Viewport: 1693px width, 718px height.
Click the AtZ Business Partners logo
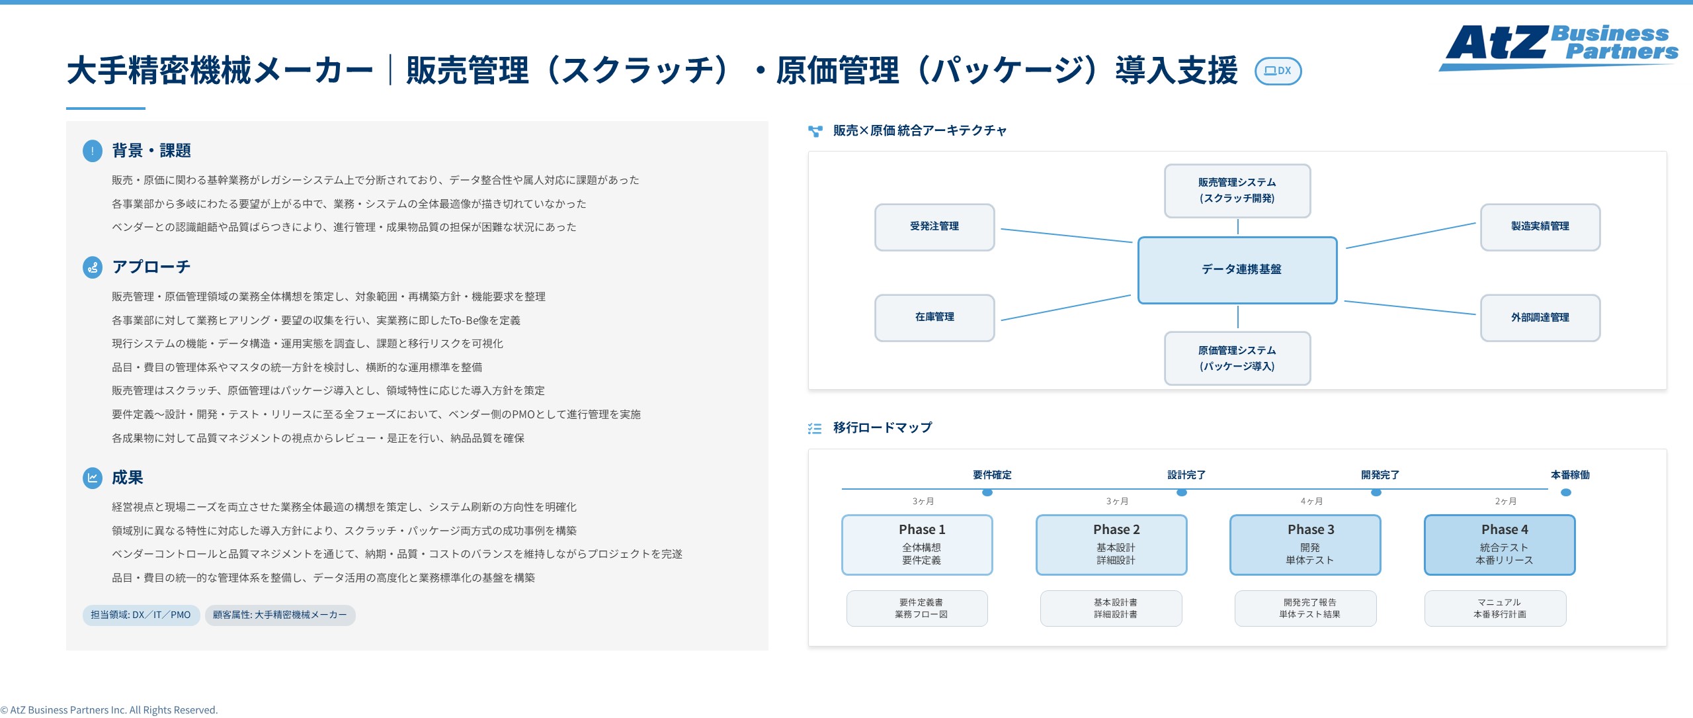[1558, 46]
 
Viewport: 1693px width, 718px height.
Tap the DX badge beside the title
[1278, 71]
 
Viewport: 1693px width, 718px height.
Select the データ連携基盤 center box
[1237, 270]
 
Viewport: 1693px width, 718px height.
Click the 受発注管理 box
[934, 227]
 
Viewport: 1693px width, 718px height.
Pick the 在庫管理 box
[934, 318]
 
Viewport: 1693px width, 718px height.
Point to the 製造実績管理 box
[1540, 227]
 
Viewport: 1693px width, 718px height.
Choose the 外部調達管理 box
[1540, 318]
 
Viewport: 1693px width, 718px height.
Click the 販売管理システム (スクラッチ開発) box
[1237, 191]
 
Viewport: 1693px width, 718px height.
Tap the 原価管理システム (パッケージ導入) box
[1237, 358]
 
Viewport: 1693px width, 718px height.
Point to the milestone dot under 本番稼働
[1566, 492]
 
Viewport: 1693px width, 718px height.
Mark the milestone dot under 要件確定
[987, 492]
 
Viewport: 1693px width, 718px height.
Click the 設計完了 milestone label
[1186, 475]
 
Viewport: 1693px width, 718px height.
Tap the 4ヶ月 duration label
[1311, 502]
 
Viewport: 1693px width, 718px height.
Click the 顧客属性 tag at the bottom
[280, 615]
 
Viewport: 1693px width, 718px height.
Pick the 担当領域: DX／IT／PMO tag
[141, 615]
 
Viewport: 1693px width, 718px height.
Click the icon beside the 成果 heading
[93, 478]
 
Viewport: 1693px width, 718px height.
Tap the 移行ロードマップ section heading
[882, 428]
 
